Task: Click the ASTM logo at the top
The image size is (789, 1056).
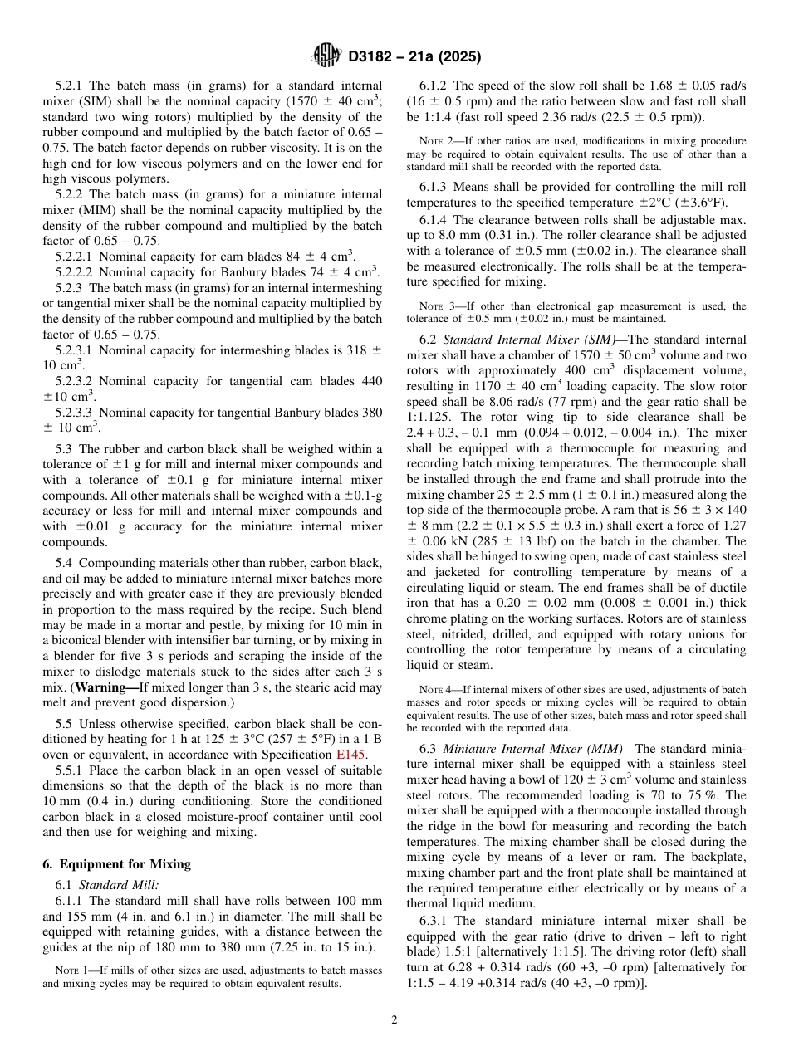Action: pos(325,56)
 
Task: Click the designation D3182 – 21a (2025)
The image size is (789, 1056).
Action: pos(414,56)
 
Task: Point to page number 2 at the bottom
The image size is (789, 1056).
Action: pos(394,1020)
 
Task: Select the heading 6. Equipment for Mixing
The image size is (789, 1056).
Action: pos(116,863)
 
